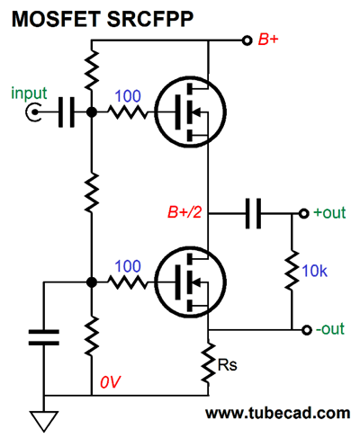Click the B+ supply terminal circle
click(247, 40)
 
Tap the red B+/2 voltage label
click(184, 212)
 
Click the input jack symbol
click(33, 112)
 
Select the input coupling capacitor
click(66, 112)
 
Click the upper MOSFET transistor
click(191, 112)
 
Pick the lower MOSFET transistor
click(191, 282)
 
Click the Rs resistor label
click(227, 365)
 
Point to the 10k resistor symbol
click(292, 271)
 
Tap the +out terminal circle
click(303, 213)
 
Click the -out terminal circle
click(306, 330)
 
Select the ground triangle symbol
click(44, 421)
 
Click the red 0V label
click(110, 382)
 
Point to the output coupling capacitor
click(253, 213)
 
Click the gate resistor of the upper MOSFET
click(128, 112)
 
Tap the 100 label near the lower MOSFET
click(128, 266)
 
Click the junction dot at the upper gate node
click(92, 112)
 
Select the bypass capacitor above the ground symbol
click(44, 337)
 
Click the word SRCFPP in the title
click(150, 20)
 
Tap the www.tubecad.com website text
click(277, 413)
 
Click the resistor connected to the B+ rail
click(92, 70)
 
